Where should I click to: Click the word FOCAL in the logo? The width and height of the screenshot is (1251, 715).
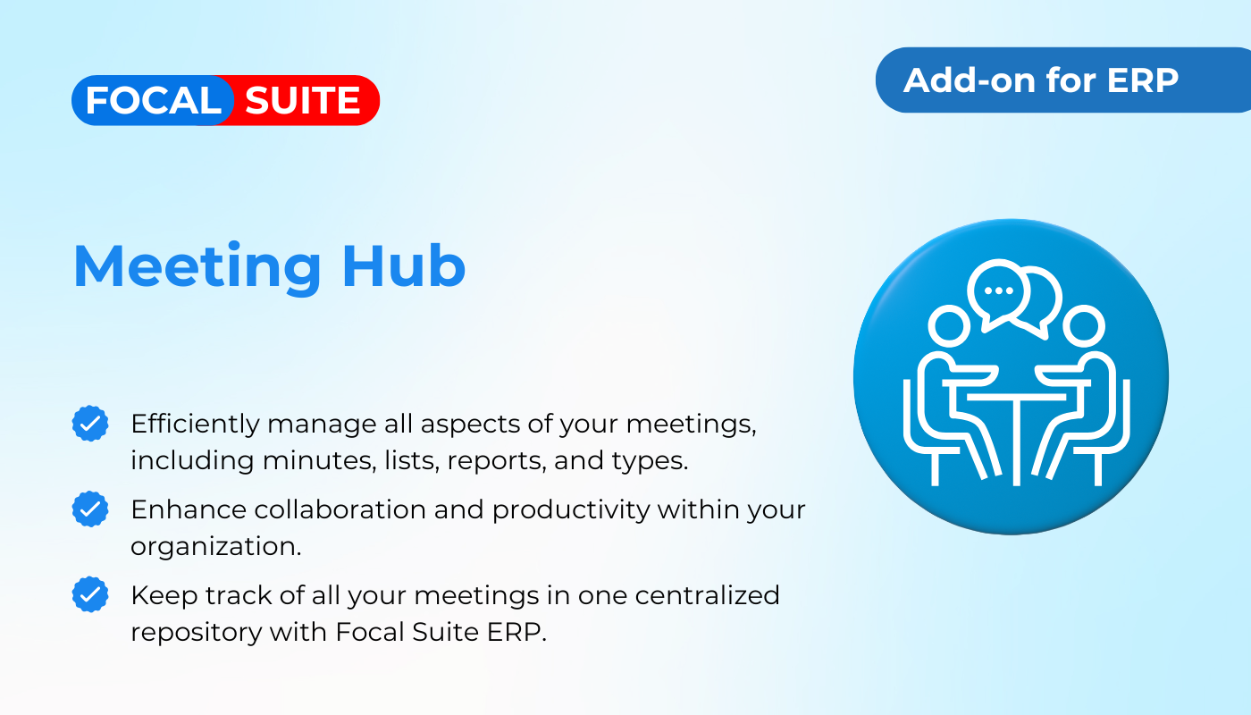click(153, 100)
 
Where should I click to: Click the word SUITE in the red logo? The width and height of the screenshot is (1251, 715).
click(302, 100)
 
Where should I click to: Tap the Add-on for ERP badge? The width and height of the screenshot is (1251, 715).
click(1062, 80)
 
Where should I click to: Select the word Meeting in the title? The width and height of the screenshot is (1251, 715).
click(197, 267)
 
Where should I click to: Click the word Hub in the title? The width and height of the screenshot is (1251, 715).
click(403, 266)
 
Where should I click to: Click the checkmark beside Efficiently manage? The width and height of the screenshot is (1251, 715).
click(90, 424)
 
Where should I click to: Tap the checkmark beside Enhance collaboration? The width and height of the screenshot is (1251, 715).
click(90, 509)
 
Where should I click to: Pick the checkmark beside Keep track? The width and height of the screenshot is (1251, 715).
click(90, 594)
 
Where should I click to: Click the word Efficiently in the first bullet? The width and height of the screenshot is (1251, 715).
click(195, 425)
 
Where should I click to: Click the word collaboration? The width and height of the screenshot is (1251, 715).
click(340, 509)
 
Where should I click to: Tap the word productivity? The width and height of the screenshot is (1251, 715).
click(571, 510)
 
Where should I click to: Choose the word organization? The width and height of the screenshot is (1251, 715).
click(215, 547)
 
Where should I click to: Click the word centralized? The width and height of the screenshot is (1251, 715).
click(707, 595)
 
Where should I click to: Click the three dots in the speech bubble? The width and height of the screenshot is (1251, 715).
click(999, 290)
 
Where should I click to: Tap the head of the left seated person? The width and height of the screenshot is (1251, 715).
click(949, 325)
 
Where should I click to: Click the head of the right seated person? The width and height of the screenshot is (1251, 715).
click(1084, 325)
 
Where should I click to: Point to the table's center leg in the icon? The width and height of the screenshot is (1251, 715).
click(1017, 442)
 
